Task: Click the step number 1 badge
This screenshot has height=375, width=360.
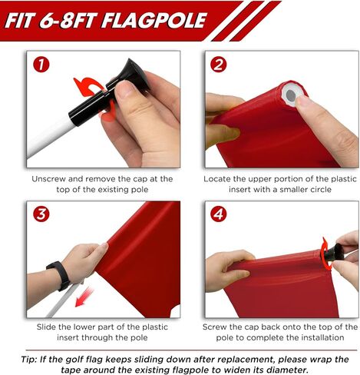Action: click(x=41, y=65)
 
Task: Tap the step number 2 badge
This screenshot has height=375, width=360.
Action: click(x=218, y=65)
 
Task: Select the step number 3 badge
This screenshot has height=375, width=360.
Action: click(x=41, y=214)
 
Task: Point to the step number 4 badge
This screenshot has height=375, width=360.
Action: click(x=218, y=214)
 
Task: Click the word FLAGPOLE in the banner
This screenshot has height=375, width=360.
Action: click(x=154, y=21)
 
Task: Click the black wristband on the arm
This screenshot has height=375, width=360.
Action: click(x=60, y=275)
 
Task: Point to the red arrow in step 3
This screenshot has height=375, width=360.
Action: click(x=84, y=297)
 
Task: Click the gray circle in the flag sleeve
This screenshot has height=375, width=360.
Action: click(x=291, y=95)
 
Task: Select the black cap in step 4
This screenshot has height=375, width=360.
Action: click(x=332, y=253)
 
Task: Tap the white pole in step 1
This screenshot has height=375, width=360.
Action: click(x=48, y=136)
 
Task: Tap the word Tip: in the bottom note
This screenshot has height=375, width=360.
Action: click(x=29, y=359)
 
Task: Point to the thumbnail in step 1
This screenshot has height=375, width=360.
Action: click(x=125, y=88)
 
